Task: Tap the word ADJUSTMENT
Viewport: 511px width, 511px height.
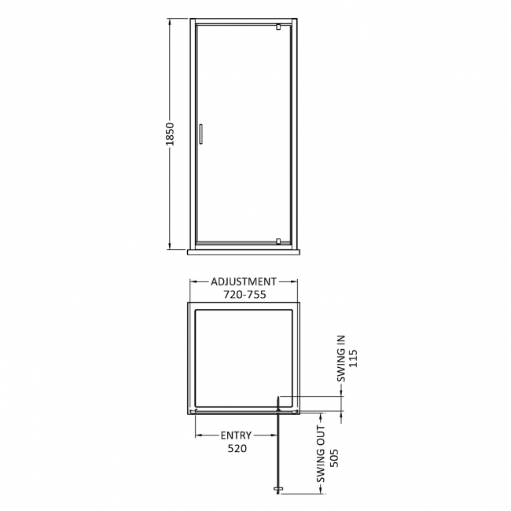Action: pos(244,281)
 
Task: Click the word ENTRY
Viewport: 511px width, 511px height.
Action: pos(236,435)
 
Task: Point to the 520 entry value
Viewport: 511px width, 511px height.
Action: pos(237,449)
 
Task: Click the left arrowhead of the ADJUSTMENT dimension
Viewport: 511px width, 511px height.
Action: pos(193,281)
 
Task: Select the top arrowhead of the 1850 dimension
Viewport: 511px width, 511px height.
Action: pos(171,24)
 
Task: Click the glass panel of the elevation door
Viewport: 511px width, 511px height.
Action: pos(236,134)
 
